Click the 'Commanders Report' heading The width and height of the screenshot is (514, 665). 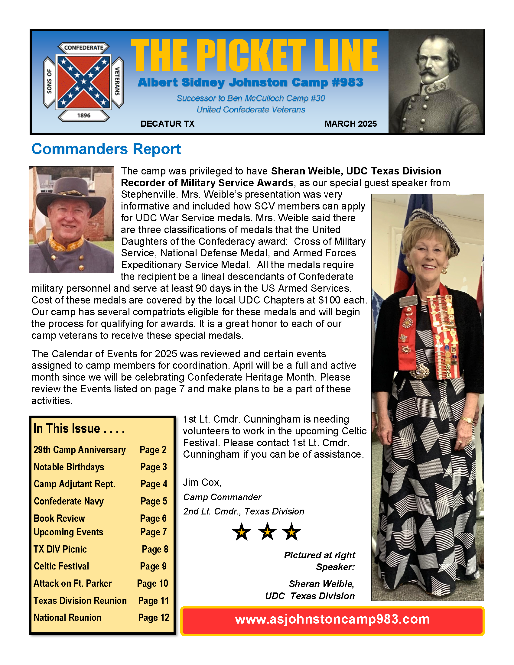point(106,149)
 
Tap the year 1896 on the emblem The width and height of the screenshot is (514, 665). point(84,115)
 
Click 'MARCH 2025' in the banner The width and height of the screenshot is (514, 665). point(350,124)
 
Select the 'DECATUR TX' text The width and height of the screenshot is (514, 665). point(167,124)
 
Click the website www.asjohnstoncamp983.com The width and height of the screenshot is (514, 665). point(332,619)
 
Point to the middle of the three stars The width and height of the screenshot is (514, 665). point(267,532)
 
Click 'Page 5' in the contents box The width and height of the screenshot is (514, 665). point(154,501)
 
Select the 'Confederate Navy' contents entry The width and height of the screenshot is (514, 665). point(69,501)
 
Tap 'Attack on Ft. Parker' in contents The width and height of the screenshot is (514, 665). point(73,583)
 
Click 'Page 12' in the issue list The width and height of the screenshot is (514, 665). point(154,618)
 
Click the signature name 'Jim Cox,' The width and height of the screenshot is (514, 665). point(202,482)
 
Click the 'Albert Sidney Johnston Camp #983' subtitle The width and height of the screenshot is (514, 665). point(250,83)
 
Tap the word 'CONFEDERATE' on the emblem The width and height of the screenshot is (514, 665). point(84,48)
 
